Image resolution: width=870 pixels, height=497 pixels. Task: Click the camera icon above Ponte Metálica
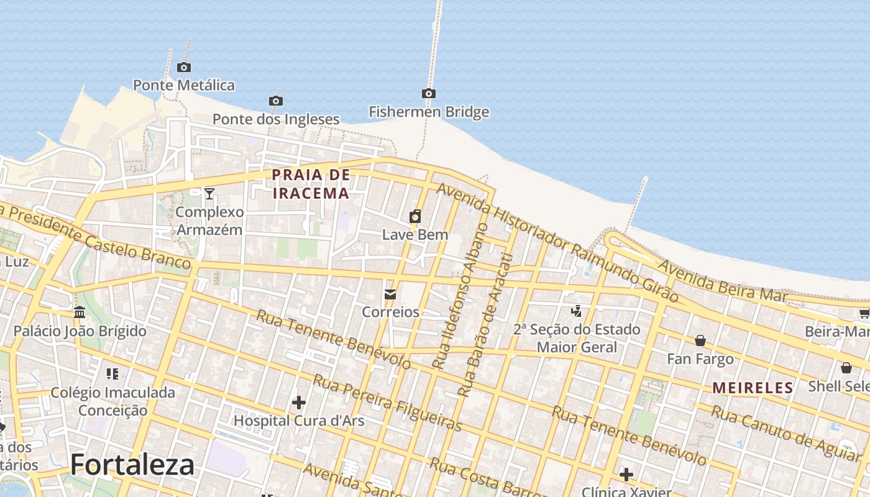183,67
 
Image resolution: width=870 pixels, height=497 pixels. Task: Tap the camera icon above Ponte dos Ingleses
276,101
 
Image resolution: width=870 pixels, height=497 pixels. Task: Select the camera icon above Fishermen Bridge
428,94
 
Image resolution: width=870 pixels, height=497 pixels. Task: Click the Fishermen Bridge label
429,112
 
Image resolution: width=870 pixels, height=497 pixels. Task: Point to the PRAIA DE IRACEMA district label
311,184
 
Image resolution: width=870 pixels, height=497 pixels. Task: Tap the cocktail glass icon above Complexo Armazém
209,194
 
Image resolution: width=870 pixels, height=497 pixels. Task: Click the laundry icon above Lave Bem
415,216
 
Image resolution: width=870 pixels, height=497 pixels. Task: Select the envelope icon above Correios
390,294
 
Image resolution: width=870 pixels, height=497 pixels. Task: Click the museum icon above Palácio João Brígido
80,312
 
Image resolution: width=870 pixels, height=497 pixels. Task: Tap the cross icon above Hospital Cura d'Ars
299,403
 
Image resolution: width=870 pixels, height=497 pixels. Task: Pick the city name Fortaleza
132,465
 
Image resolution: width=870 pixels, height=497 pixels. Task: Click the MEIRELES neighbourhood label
753,388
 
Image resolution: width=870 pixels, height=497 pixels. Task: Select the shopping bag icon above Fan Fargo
700,340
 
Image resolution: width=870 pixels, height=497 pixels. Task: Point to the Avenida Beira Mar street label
722,281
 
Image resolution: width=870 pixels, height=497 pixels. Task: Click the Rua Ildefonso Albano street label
460,296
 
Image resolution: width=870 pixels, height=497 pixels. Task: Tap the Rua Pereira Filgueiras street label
388,403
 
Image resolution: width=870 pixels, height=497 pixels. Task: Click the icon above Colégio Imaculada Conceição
112,374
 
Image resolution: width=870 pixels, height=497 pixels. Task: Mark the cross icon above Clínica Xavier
626,475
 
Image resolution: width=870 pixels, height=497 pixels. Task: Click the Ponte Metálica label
184,85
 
